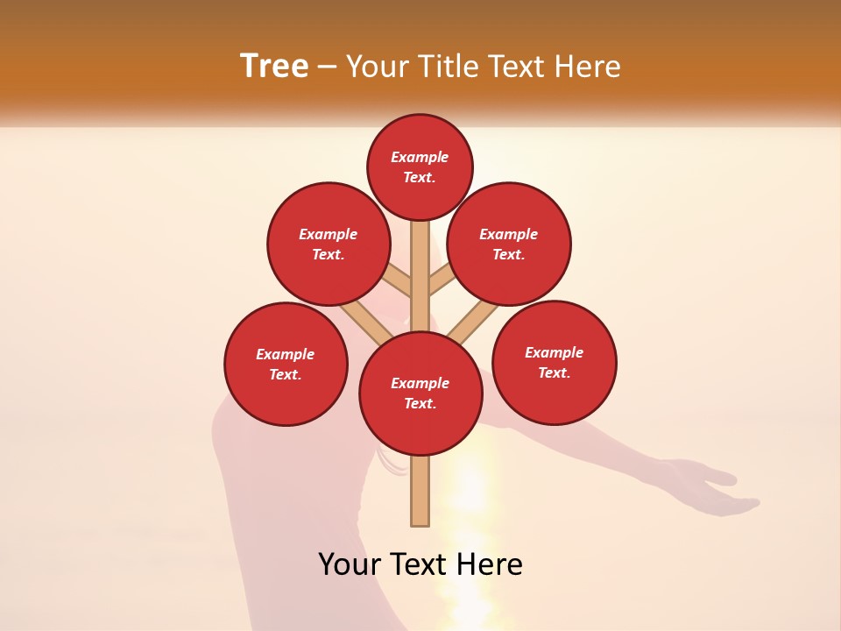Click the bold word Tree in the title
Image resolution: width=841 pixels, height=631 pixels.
tap(274, 67)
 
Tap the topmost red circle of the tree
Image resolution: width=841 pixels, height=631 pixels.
tap(420, 167)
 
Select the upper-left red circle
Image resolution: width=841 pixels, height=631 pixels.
tap(329, 244)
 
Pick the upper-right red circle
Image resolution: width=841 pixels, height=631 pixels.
tap(509, 244)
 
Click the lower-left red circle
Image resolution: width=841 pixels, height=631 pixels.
tap(286, 364)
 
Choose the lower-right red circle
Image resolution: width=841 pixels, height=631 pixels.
tap(555, 362)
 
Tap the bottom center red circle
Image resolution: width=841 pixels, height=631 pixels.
tap(420, 393)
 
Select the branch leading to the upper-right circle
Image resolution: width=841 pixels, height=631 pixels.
tap(441, 280)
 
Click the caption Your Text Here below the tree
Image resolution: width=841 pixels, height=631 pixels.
tap(420, 564)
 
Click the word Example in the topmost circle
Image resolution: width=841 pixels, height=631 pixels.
tap(420, 157)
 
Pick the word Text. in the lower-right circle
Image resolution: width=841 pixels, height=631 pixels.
tap(554, 372)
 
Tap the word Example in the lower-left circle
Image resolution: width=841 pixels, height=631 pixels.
tap(285, 354)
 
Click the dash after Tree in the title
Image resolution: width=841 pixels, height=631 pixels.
tap(327, 67)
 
